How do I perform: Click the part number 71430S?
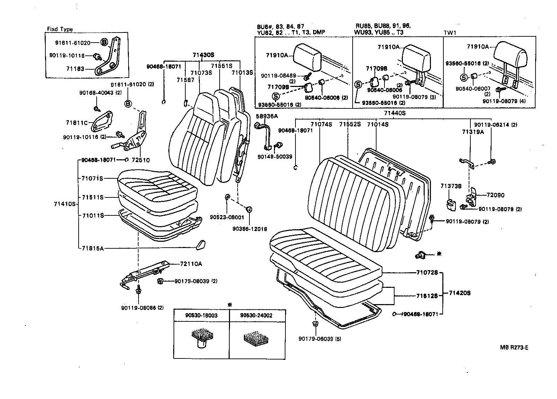click(203, 55)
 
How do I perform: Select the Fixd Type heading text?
click(60, 29)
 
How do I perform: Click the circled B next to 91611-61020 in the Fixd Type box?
click(104, 43)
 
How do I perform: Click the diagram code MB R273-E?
click(514, 348)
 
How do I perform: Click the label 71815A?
click(93, 248)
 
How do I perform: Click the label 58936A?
click(267, 116)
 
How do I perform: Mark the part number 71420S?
click(460, 293)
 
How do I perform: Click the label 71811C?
click(77, 123)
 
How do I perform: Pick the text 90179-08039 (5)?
click(320, 339)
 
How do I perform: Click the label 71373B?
click(451, 186)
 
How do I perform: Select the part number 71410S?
click(65, 204)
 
